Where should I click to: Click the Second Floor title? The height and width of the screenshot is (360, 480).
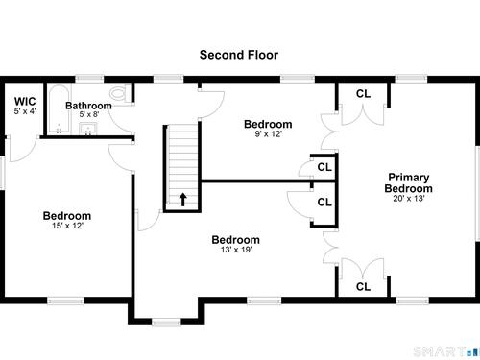[239, 55]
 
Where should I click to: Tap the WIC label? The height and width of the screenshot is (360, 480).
[25, 102]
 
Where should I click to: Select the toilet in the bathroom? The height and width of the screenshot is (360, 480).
[120, 94]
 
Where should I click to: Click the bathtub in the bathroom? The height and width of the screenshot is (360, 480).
[59, 109]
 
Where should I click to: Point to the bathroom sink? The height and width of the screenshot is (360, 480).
[88, 129]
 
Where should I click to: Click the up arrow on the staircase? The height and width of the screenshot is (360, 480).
[182, 200]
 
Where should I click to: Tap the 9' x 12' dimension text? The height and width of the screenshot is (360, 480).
[268, 134]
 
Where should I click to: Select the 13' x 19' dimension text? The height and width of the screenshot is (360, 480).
[236, 250]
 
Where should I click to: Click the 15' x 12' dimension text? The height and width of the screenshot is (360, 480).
[67, 226]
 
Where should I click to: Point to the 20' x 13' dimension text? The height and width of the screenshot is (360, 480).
[409, 199]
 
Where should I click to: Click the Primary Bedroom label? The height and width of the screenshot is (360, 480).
[409, 182]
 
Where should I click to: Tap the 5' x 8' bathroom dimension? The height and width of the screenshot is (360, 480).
[89, 114]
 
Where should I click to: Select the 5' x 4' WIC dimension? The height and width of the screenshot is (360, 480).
[25, 111]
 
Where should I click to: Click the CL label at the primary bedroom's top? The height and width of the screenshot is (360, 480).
[363, 94]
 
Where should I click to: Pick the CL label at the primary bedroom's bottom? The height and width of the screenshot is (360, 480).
[363, 287]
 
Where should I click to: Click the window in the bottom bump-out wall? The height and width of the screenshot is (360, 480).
[166, 323]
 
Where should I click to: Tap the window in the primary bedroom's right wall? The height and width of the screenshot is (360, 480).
[477, 194]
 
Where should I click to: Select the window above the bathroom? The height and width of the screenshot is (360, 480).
[89, 79]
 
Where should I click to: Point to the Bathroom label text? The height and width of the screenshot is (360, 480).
[88, 106]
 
